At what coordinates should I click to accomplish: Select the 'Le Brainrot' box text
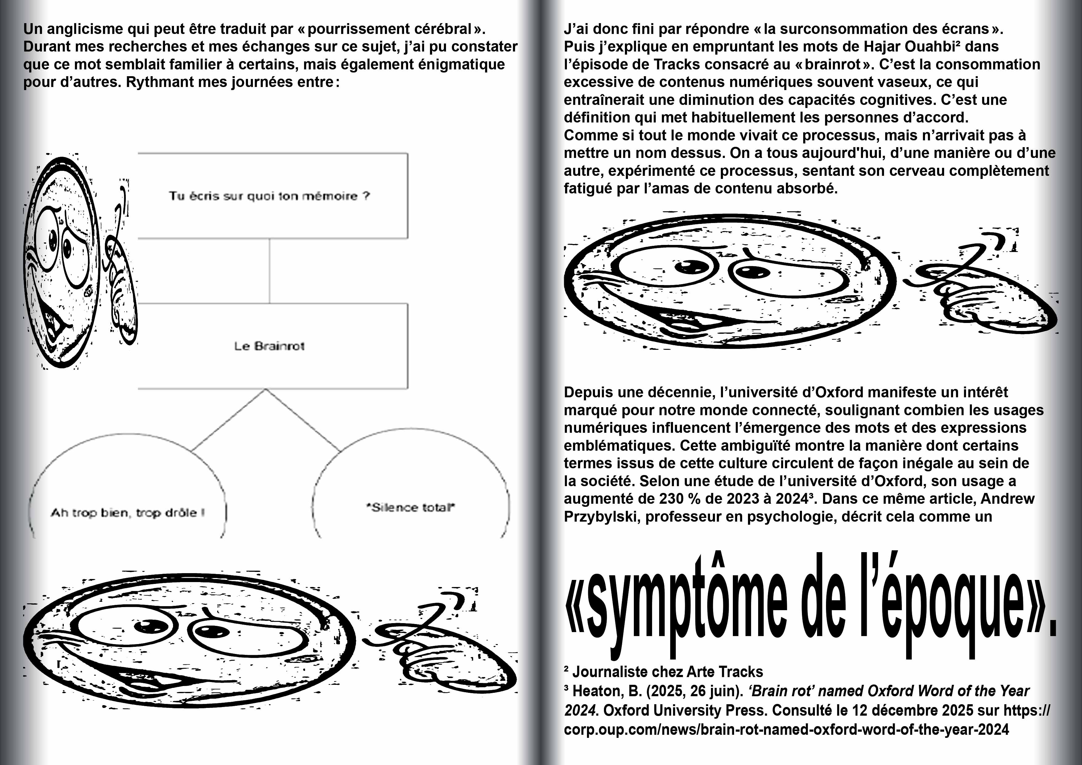(x=270, y=346)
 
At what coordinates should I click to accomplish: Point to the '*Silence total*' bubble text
(x=411, y=507)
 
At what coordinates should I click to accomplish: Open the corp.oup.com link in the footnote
(x=786, y=730)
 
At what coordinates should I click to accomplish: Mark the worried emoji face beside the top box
(x=61, y=262)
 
